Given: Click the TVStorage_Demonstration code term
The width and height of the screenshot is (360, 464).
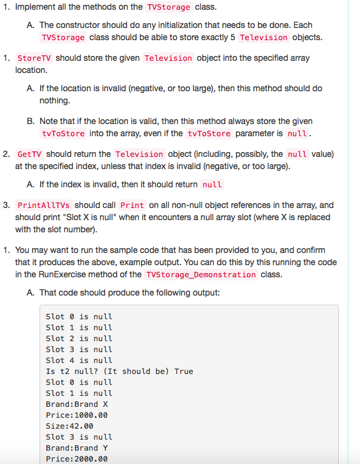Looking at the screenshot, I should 201,274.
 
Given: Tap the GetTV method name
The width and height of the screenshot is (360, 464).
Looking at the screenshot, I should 30,154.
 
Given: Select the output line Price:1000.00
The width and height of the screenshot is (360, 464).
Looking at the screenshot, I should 77,415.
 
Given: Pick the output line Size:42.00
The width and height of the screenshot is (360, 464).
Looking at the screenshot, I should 69,426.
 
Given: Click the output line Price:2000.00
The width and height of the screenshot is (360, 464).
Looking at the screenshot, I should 77,459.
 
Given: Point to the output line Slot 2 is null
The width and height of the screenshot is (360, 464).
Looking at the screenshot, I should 79,339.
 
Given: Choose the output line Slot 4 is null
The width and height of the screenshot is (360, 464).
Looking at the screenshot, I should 79,361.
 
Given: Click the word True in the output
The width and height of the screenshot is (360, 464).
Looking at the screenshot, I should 184,372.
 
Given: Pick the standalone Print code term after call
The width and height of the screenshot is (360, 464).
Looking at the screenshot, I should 133,206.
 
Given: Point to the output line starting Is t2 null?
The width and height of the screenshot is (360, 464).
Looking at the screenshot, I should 120,372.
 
